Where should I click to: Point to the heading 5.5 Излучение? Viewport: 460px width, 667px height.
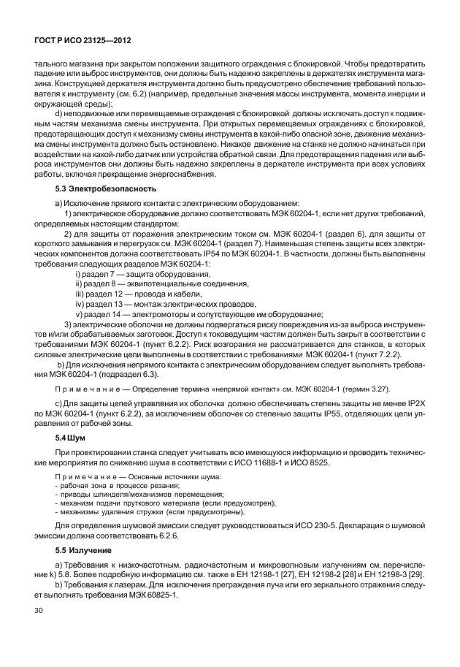pos(82,549)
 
